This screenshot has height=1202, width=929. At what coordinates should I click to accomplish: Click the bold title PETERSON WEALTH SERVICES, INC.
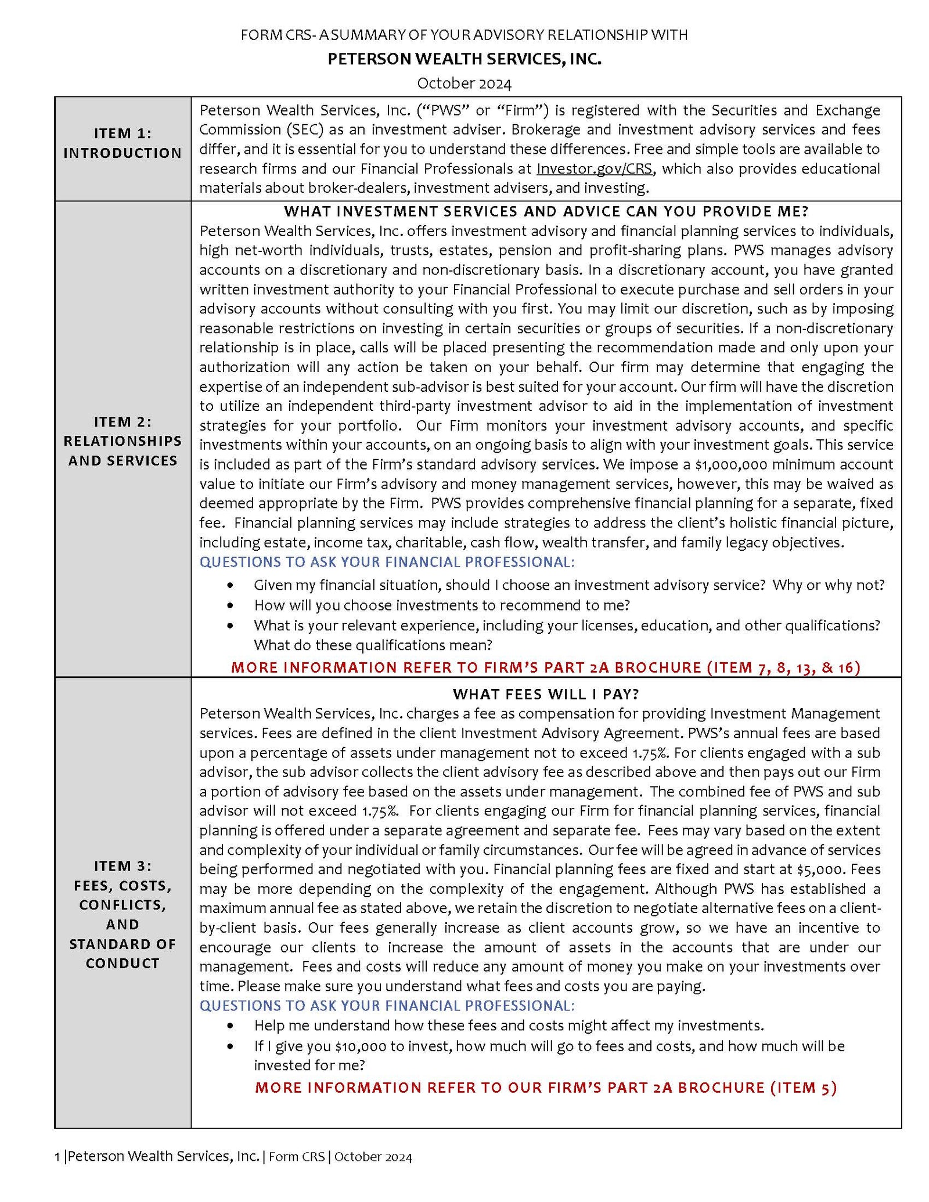464,59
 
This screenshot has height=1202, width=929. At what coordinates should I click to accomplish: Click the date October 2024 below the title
464,84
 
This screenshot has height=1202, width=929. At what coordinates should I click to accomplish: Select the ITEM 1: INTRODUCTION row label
123,143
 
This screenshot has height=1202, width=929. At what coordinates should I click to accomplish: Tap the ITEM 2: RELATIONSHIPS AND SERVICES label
123,441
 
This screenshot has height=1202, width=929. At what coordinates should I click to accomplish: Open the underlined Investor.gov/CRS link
595,169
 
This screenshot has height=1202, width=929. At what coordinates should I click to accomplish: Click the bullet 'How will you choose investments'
441,605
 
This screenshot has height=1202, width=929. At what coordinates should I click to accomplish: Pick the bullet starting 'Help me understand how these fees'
508,1026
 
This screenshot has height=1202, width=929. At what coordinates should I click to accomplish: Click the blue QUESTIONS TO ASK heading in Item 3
387,1005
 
